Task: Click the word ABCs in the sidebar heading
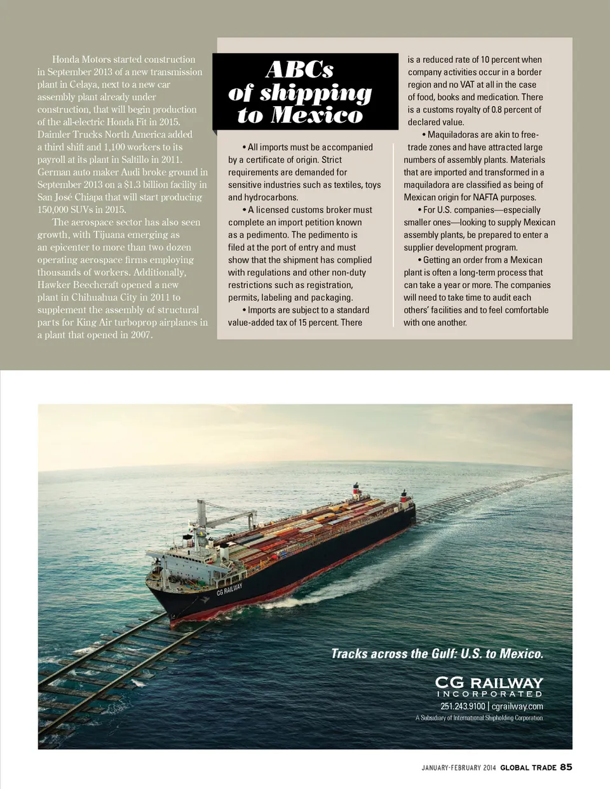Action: [299, 69]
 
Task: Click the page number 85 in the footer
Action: [566, 767]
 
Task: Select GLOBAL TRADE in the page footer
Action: [528, 768]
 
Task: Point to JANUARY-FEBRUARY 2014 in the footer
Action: [458, 768]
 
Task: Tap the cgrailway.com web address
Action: [517, 706]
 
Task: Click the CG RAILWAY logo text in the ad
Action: [489, 683]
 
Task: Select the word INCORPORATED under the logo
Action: [489, 694]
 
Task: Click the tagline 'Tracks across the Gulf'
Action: [437, 654]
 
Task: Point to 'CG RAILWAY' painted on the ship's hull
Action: [229, 589]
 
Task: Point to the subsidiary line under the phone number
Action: [479, 718]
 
